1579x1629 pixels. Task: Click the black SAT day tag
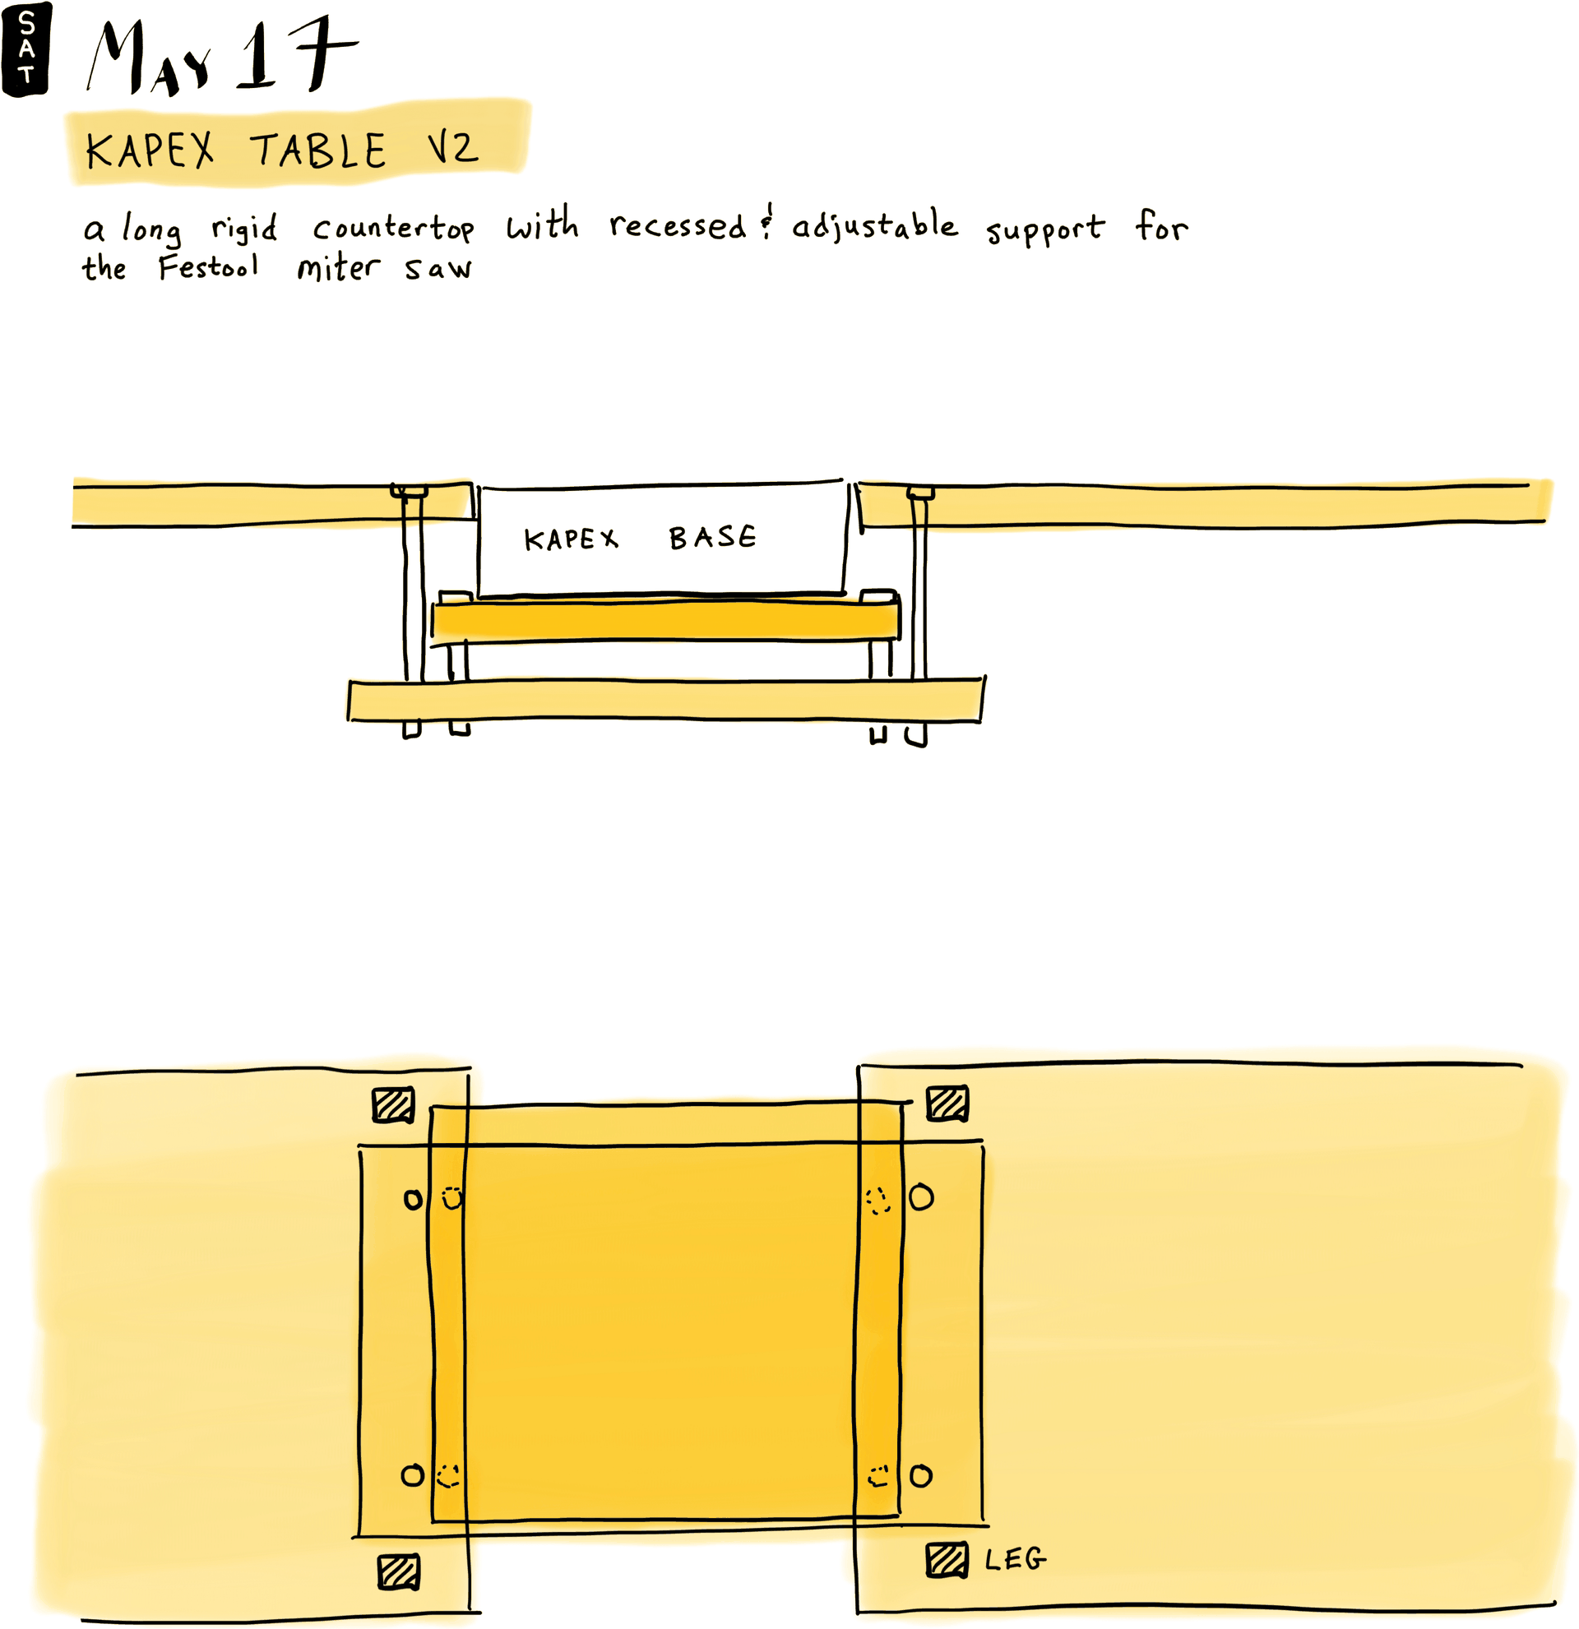[x=25, y=49]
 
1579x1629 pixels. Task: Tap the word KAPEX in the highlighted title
[x=150, y=150]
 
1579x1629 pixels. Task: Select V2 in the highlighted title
[x=453, y=149]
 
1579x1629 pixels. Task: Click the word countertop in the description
[x=393, y=227]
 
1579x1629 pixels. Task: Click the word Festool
[x=209, y=267]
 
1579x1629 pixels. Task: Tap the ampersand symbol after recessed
[x=767, y=223]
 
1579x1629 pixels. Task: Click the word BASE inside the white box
[x=712, y=538]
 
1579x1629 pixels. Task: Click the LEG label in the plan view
[x=1015, y=1559]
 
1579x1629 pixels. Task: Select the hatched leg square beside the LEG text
[x=947, y=1560]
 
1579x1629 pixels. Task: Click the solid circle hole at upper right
[x=921, y=1197]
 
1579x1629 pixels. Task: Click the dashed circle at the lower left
[x=449, y=1475]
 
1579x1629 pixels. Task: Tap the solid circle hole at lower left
[x=412, y=1475]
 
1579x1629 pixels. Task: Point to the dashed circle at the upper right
[x=877, y=1200]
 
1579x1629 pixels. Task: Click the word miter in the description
[x=338, y=267]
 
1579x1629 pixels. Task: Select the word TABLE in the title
[x=318, y=150]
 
